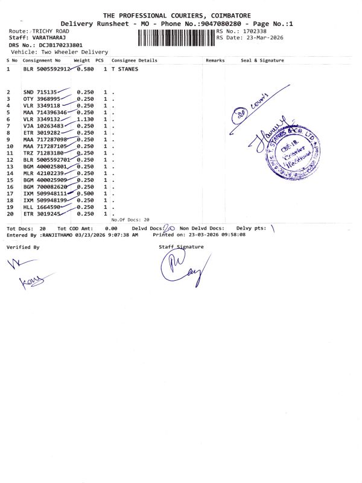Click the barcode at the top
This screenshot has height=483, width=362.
(176, 37)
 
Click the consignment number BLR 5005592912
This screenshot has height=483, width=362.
(47, 69)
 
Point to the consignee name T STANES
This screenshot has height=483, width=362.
(125, 69)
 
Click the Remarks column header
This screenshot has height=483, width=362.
(215, 60)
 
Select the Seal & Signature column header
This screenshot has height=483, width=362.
(262, 60)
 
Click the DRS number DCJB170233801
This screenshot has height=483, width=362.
(61, 45)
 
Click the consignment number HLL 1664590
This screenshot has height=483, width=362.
(42, 206)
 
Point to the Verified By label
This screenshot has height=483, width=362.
(23, 248)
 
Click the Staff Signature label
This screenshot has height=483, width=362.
(181, 247)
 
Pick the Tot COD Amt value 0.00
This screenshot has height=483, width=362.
(110, 229)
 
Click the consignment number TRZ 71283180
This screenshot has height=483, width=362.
(42, 153)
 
